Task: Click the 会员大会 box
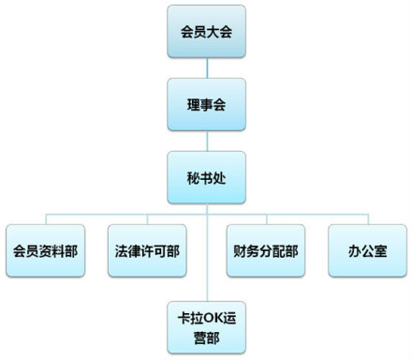point(207,32)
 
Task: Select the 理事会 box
point(207,104)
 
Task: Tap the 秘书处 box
point(207,176)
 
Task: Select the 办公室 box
point(365,250)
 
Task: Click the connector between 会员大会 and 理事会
point(207,67)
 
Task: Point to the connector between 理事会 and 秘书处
point(207,141)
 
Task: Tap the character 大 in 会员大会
point(213,32)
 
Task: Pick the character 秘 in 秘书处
point(192,176)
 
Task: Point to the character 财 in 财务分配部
point(237,250)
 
